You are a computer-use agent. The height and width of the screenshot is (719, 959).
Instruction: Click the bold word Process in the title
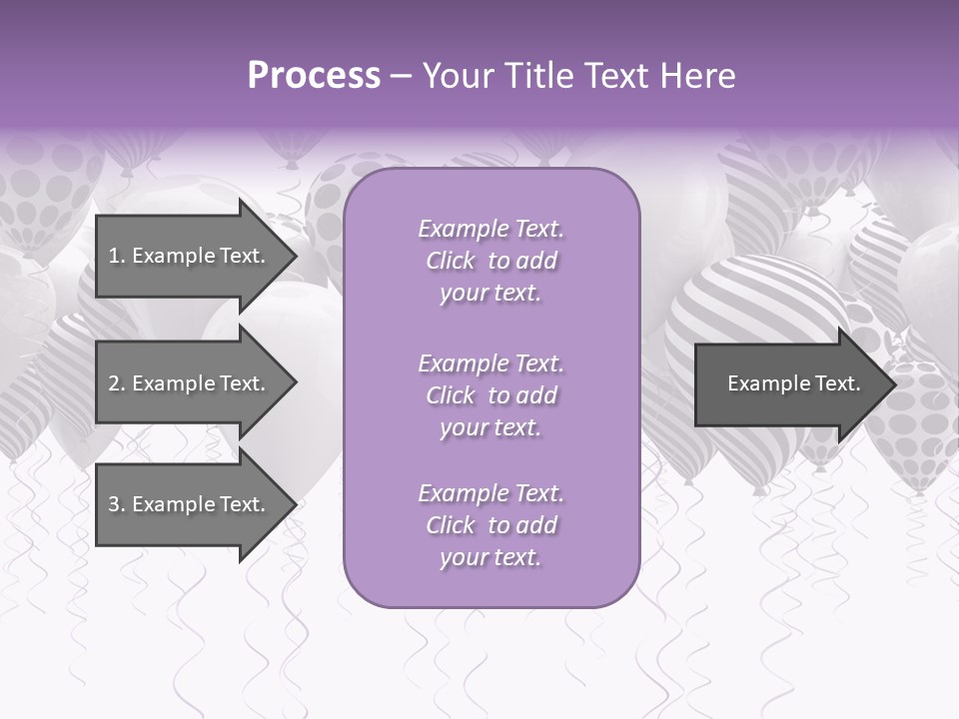pos(314,76)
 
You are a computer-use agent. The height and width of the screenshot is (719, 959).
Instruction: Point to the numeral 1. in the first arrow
pos(116,256)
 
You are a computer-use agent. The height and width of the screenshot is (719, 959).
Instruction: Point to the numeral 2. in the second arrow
pos(116,383)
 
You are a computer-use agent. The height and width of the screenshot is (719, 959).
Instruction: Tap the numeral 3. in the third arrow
pos(116,504)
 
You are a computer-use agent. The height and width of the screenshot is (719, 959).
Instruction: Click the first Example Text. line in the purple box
pos(490,229)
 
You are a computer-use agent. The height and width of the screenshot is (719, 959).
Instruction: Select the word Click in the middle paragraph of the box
pos(450,395)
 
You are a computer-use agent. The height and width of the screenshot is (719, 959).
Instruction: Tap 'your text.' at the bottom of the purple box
pos(490,558)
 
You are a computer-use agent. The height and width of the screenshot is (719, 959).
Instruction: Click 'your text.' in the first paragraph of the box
pos(490,294)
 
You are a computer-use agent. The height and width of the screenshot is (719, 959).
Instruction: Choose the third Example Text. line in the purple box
pos(490,493)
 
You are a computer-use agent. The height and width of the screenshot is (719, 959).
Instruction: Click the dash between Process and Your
pos(402,76)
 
